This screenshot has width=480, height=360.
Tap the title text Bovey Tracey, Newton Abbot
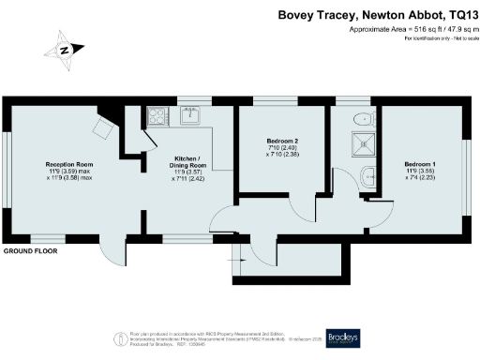pyautogui.click(x=376, y=14)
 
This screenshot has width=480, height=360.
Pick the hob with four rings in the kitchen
pyautogui.click(x=157, y=117)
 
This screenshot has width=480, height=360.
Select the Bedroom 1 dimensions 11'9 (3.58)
pyautogui.click(x=418, y=172)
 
